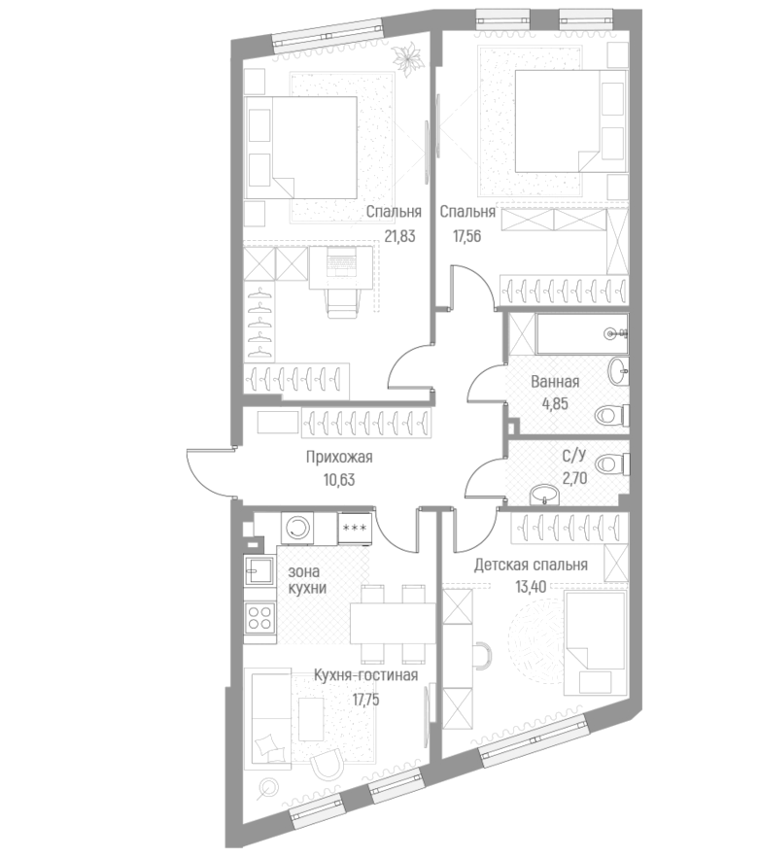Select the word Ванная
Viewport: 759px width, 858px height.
tap(555, 382)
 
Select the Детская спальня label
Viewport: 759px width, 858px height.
tap(531, 565)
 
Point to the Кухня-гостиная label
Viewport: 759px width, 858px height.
tap(366, 675)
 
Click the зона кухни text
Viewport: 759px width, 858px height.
tap(306, 580)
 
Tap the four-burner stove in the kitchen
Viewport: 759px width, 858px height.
tap(259, 617)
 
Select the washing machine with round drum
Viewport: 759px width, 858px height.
tap(298, 528)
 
